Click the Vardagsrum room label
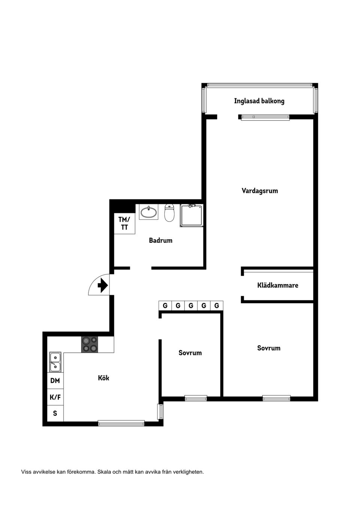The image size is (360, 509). point(259,191)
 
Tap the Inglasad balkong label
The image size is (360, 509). point(259,101)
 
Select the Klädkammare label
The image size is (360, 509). point(277,285)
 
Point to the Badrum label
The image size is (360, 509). point(160,240)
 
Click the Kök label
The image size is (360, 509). point(103,378)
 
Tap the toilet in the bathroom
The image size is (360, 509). point(169,213)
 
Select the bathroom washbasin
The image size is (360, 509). point(149,212)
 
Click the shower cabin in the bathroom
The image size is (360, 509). point(192,216)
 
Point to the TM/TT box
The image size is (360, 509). point(124,223)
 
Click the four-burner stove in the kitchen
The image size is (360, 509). point(90,344)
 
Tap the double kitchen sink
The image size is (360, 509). point(55,362)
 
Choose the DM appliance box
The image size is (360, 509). point(55,381)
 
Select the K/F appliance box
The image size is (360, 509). point(55,397)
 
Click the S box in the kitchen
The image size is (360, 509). point(55,413)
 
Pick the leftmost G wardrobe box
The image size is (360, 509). point(165,306)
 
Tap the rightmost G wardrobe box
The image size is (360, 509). point(216,306)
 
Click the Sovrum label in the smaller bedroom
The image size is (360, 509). point(190,353)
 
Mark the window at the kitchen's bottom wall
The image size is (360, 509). point(121,423)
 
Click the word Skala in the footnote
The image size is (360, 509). point(104,472)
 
